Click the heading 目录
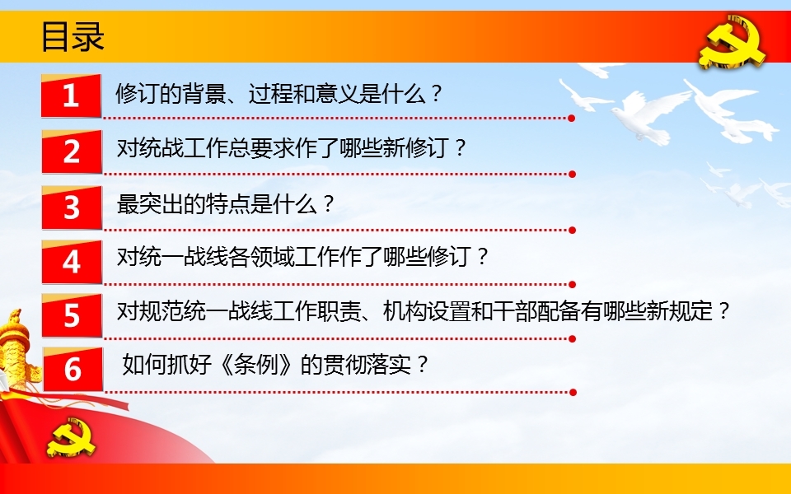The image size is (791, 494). coord(73,36)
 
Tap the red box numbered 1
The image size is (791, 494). coord(71,96)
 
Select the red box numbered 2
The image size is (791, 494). coord(72,151)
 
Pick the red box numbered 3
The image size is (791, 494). coord(72,207)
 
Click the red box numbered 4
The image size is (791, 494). coord(72,262)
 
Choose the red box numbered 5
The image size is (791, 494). coord(72,315)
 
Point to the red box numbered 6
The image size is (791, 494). coord(73,369)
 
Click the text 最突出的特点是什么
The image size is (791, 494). coord(217,204)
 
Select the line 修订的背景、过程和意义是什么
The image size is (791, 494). coord(270,94)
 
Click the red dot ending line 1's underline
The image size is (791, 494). coord(572,119)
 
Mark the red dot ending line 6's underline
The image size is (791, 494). coord(573,392)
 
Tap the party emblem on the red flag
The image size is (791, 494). coord(71,436)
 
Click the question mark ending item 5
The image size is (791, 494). coord(724,311)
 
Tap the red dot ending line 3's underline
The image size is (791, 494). coord(572,231)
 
